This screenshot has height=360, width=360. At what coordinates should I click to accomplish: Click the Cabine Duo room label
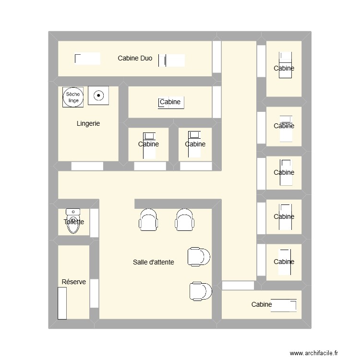[135, 59]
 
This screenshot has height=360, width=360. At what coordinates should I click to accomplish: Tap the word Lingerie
[88, 123]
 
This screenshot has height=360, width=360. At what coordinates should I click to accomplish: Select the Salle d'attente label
[153, 262]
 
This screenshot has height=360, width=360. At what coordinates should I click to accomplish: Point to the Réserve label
[74, 282]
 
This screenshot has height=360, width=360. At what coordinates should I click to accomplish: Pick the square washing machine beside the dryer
[98, 96]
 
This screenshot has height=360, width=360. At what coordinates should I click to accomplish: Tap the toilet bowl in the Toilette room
[73, 222]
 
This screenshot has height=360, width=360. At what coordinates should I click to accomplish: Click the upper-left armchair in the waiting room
[148, 220]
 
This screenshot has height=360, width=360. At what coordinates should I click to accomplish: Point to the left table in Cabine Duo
[87, 59]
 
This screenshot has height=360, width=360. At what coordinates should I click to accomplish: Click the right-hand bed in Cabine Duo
[172, 60]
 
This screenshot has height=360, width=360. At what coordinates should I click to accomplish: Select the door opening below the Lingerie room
[87, 166]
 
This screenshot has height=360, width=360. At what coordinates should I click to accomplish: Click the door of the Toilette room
[95, 223]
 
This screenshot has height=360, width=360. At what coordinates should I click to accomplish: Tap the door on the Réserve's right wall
[95, 293]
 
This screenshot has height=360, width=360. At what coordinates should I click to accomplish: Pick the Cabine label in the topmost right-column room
[284, 68]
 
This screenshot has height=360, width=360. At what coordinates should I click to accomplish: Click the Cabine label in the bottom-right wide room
[262, 304]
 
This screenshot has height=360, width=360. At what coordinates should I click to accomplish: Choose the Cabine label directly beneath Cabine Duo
[170, 102]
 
